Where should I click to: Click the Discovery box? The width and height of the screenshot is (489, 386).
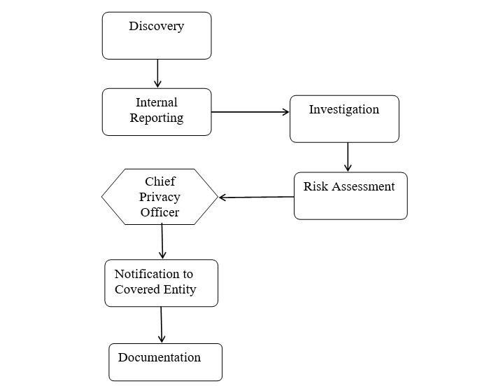[157, 36]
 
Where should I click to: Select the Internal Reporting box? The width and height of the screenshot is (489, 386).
[157, 111]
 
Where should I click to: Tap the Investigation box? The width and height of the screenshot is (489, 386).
[344, 119]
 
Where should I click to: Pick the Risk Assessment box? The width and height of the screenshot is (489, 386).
[350, 196]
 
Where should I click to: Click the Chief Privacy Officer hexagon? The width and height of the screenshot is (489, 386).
[160, 197]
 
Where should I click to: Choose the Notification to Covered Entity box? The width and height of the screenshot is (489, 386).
[162, 283]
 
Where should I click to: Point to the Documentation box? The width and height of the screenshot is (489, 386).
[166, 362]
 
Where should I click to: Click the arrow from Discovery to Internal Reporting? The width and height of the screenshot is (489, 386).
[157, 74]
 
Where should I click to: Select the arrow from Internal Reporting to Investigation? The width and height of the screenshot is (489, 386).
[250, 111]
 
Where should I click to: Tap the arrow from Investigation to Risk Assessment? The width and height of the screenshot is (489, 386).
[348, 157]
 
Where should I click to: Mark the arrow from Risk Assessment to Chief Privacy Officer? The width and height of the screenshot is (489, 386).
[256, 197]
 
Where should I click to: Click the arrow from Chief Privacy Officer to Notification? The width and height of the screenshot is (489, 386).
[162, 242]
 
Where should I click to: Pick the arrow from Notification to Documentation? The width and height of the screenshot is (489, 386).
[162, 324]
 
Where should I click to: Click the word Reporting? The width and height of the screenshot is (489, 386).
[157, 118]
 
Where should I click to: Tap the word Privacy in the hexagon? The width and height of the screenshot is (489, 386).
[160, 197]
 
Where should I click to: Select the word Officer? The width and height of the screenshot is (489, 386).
[160, 212]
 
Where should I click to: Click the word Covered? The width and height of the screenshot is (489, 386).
[137, 289]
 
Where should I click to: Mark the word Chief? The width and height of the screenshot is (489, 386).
[160, 182]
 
